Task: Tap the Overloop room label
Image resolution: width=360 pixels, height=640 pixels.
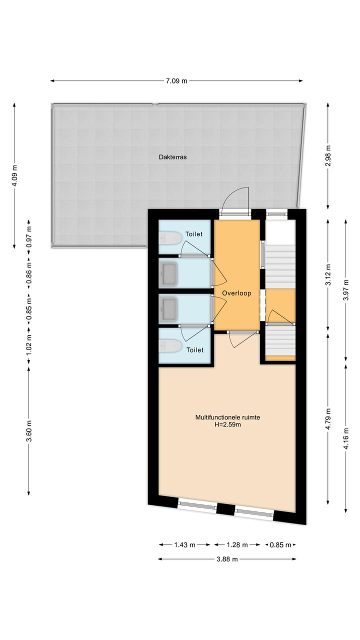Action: [236, 293]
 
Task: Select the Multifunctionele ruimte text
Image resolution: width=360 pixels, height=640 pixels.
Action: [227, 417]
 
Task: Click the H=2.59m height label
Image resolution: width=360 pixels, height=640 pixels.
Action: [227, 425]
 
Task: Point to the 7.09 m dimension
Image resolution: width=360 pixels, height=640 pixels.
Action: [177, 81]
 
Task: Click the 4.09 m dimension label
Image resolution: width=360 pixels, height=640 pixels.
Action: [14, 176]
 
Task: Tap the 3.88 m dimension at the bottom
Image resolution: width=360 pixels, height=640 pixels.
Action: [227, 559]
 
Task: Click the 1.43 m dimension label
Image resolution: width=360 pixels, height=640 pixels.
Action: [185, 545]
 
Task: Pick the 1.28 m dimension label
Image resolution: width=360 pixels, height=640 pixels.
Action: [237, 545]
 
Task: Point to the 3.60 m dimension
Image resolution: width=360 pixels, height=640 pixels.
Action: [28, 431]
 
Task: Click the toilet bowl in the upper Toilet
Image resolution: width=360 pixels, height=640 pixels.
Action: [170, 238]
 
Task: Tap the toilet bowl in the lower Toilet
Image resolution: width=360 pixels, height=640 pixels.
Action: [170, 345]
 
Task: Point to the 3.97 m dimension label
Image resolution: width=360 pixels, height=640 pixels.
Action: [346, 289]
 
